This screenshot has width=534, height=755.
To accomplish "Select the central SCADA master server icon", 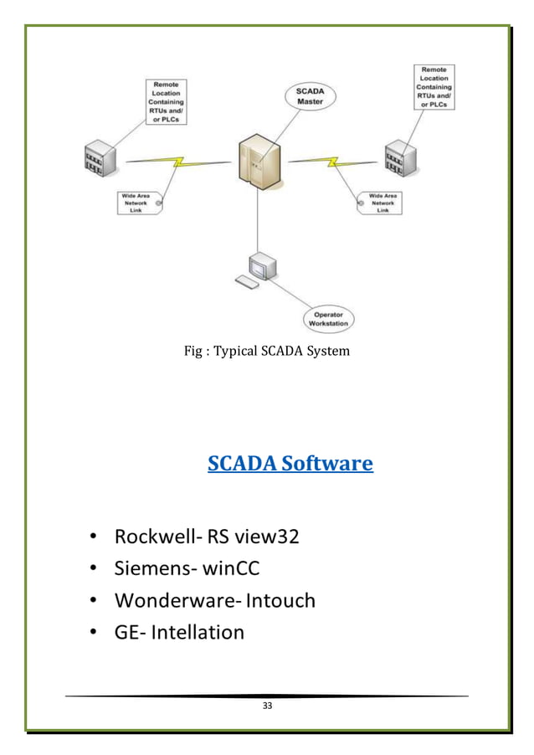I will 257,162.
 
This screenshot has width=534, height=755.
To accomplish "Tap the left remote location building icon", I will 99,159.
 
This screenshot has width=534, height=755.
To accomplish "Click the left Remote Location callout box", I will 168,101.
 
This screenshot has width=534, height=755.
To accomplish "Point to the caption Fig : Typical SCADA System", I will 266,351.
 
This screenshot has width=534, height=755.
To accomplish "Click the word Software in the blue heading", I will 327,463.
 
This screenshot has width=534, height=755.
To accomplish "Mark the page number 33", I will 267,706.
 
